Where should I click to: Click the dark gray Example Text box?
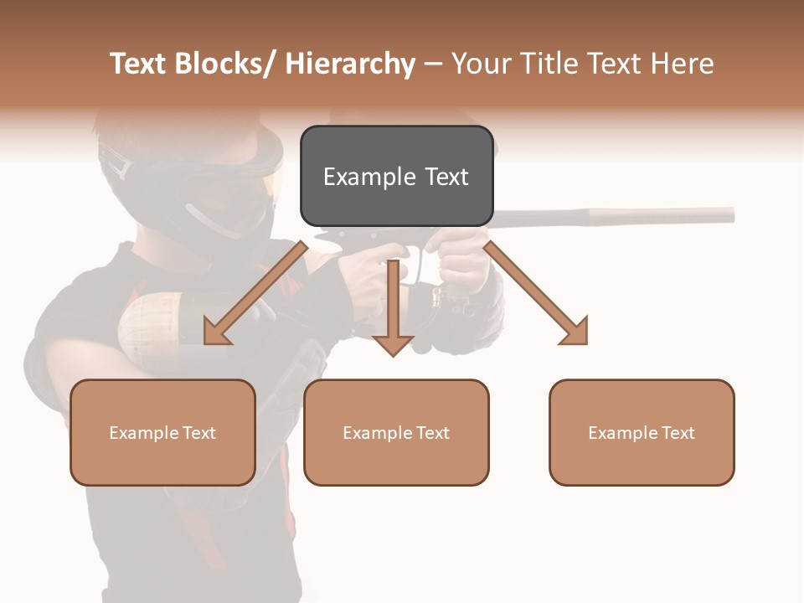click(x=396, y=176)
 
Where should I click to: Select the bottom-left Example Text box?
click(x=162, y=432)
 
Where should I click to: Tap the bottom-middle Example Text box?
click(x=396, y=432)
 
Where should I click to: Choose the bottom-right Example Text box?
click(x=642, y=432)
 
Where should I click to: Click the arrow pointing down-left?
click(x=251, y=297)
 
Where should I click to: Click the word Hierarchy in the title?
click(x=350, y=64)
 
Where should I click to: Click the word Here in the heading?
click(x=683, y=64)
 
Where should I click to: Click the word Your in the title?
click(x=479, y=64)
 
